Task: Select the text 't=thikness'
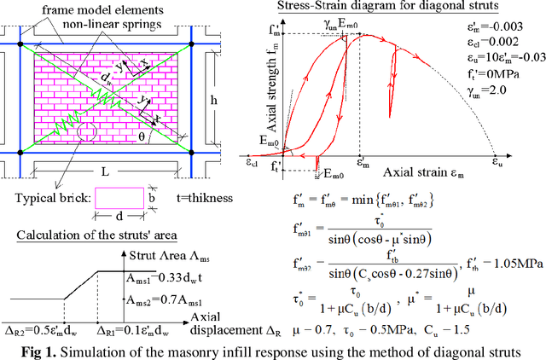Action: coord(195,198)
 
